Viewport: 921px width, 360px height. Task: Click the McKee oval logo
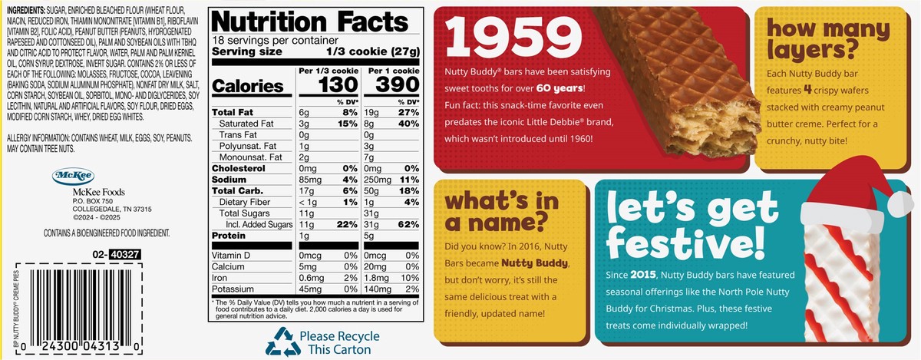coord(71,177)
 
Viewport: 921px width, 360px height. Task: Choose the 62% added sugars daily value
coord(408,223)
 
